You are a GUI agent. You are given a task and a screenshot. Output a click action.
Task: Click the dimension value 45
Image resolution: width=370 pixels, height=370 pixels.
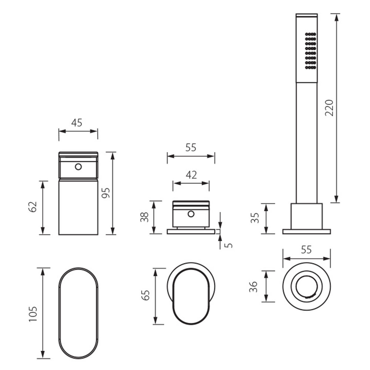pos(77,123)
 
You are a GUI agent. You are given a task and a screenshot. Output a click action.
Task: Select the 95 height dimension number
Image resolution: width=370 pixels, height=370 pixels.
pos(106,193)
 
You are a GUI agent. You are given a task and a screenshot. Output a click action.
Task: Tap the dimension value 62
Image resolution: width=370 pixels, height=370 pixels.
pos(33,207)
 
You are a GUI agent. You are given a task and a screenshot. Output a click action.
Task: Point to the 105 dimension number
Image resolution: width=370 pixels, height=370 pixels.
pos(33,314)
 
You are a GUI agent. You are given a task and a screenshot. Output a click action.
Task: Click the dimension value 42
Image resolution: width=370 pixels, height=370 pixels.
pos(191,175)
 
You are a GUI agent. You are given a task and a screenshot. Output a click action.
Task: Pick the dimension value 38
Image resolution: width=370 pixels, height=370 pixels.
pos(144,217)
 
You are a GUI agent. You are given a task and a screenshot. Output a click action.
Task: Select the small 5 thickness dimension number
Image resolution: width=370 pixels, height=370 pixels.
pos(228,245)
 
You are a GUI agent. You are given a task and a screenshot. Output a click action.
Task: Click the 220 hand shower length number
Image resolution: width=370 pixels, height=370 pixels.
pos(329,108)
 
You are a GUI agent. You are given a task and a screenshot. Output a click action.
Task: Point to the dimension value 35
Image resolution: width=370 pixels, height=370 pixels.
pos(255,218)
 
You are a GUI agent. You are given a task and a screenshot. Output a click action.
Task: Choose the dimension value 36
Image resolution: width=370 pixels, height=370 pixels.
pos(253,287)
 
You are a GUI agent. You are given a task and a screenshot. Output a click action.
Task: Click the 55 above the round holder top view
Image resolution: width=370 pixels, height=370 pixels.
pos(306,250)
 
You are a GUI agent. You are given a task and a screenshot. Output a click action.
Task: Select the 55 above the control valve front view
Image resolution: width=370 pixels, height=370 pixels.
pos(191,148)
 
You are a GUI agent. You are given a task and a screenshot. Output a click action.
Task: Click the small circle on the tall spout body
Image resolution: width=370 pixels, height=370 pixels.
pos(78,167)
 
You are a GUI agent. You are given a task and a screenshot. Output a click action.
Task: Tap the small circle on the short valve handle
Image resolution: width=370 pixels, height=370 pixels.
pos(191,214)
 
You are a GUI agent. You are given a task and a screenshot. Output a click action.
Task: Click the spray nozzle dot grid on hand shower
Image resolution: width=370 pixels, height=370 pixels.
pos(310,51)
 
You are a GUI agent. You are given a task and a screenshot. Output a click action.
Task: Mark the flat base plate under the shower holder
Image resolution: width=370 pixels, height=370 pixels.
pos(306,232)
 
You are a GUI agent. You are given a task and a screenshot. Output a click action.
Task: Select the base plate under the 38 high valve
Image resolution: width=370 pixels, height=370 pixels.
pos(191,232)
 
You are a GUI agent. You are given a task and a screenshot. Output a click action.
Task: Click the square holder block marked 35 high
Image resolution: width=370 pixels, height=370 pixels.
pos(306,216)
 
